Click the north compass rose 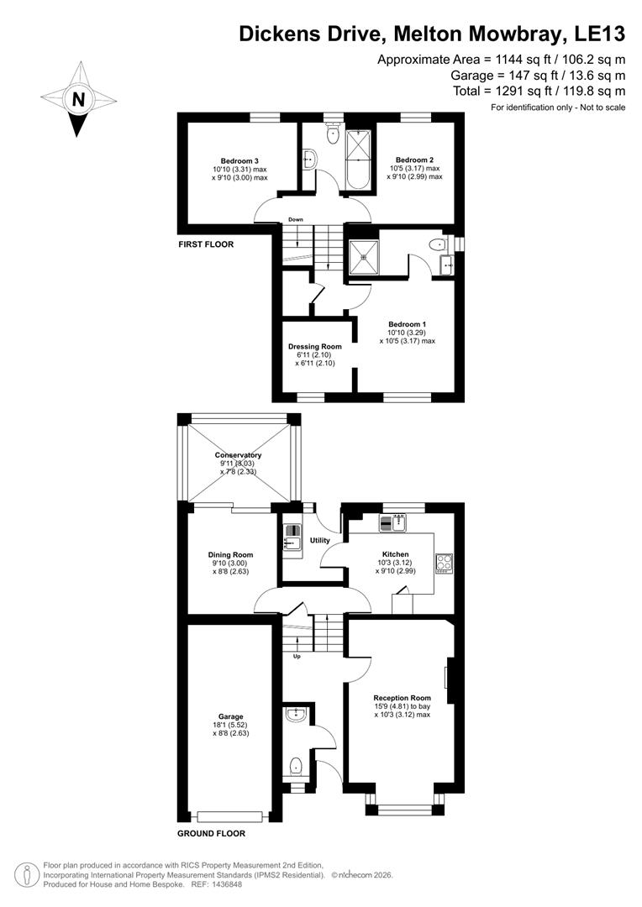tap(78, 98)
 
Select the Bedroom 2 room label tap(414, 160)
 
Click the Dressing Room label tap(315, 346)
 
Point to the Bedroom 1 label tap(407, 324)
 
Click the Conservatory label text tap(238, 455)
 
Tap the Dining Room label tap(230, 555)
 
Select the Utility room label tap(320, 541)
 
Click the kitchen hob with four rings tap(444, 564)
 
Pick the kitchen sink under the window tap(392, 523)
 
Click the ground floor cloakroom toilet tap(295, 766)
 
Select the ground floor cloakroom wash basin tap(296, 715)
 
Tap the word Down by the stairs tap(295, 220)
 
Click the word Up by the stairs tap(297, 656)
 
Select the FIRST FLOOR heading tap(205, 244)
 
